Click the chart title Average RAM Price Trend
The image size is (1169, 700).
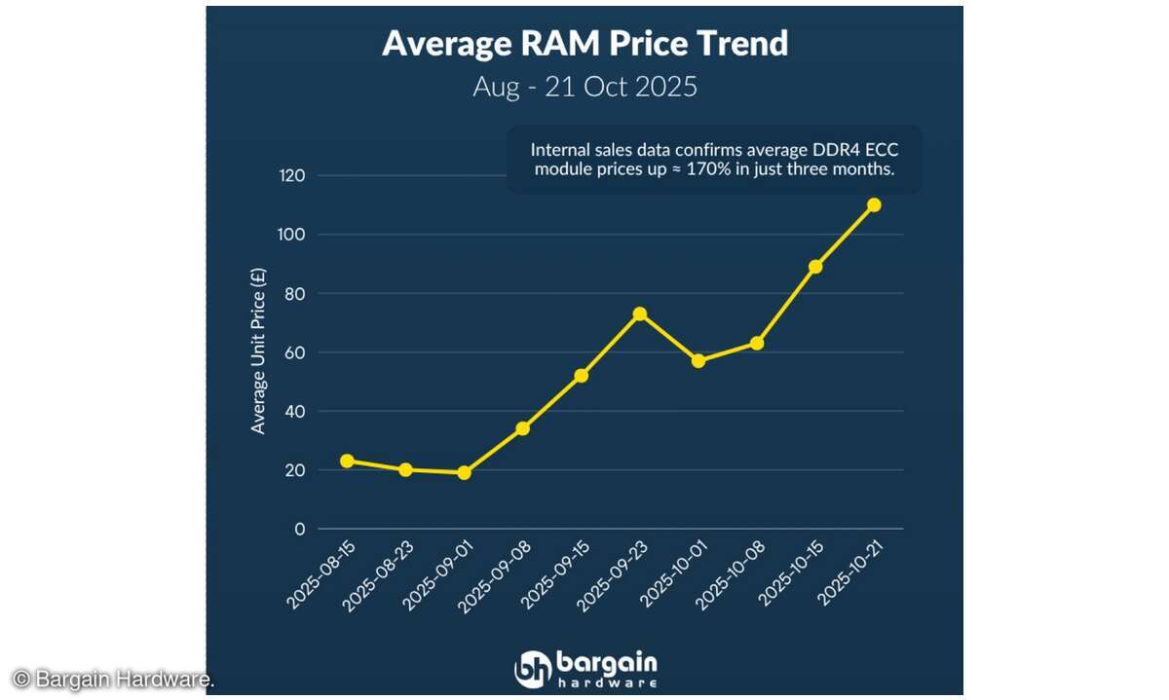tap(584, 44)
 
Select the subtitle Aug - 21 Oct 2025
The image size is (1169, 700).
tap(584, 87)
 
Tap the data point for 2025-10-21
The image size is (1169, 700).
tap(874, 204)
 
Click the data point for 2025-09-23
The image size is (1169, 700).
tap(640, 313)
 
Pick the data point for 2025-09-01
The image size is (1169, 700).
tap(465, 472)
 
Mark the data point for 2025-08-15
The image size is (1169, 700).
tap(347, 461)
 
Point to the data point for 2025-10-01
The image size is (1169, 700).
tap(698, 360)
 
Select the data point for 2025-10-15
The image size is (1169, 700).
tap(815, 266)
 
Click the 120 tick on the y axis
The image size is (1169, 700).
tap(293, 176)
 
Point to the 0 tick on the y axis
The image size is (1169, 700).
tap(300, 529)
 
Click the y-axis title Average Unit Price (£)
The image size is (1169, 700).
tap(258, 352)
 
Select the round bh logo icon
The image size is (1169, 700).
tap(533, 669)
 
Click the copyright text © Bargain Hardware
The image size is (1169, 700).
tap(112, 679)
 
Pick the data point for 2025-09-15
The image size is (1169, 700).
tap(582, 375)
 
